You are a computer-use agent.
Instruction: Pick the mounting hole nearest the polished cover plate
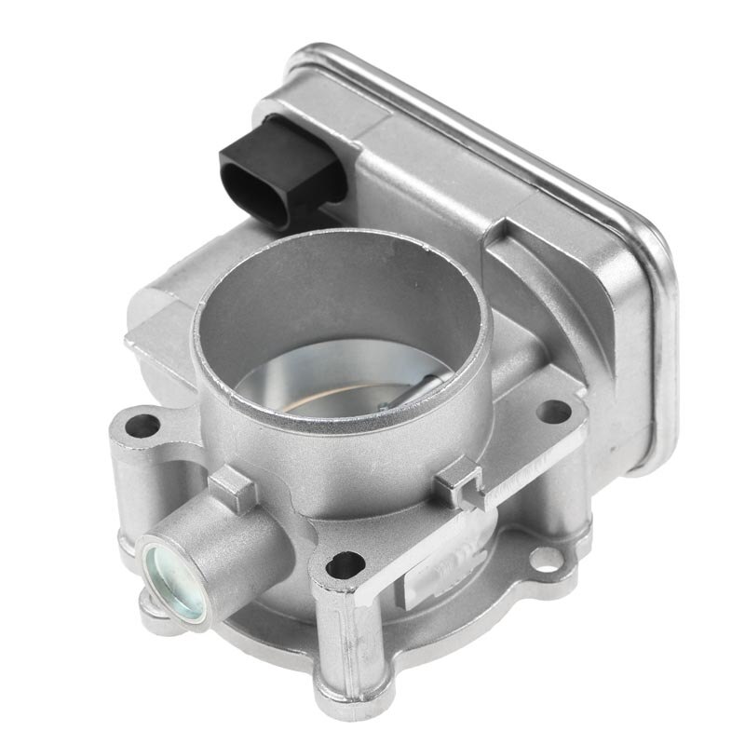(554, 411)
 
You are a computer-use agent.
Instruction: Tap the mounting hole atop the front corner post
(345, 563)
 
